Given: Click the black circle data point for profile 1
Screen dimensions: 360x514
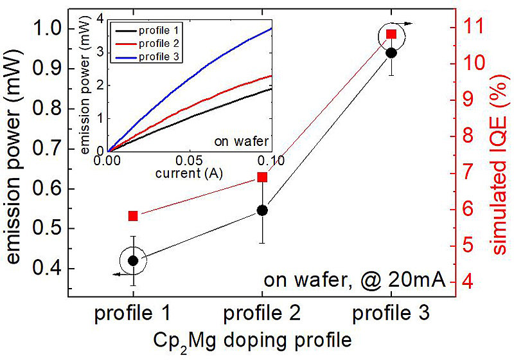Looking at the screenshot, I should (x=133, y=260).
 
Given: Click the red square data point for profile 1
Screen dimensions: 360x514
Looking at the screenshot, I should (x=133, y=216).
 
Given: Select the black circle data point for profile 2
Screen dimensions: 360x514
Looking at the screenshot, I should (x=262, y=210).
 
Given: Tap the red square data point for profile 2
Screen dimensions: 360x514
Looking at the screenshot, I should (x=262, y=177).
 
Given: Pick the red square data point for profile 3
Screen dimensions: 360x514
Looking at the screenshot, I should (x=391, y=35).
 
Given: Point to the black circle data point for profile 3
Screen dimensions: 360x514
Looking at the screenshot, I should (x=391, y=53).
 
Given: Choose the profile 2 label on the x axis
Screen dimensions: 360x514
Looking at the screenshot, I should (x=261, y=314).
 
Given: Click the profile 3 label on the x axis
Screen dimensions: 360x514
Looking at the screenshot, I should (x=391, y=314).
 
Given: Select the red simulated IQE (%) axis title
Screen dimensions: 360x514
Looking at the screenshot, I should (x=497, y=154).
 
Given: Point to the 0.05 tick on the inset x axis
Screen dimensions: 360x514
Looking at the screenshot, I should (x=190, y=159).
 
